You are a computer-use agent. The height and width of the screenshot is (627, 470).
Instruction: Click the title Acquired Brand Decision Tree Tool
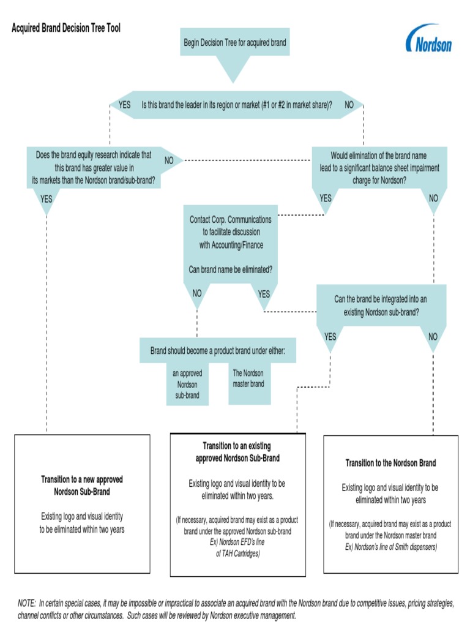point(66,29)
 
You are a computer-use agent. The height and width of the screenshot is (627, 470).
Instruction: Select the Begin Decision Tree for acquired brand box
point(235,43)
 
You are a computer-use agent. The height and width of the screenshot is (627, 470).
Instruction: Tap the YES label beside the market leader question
point(124,105)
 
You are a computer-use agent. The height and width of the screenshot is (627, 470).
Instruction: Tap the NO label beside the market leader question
point(349,105)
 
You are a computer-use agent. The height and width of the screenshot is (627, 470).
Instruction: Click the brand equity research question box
point(93,168)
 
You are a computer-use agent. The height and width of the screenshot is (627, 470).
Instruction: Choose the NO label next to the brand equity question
point(169,160)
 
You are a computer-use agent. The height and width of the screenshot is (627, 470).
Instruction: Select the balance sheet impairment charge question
point(379,168)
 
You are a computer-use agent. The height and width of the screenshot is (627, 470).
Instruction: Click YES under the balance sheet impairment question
point(326,198)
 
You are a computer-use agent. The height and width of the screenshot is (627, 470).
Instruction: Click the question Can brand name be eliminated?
point(229,269)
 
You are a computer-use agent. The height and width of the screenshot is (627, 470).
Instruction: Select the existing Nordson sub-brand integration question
point(380,305)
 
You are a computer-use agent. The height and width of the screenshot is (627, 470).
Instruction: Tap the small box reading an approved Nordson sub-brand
point(187,385)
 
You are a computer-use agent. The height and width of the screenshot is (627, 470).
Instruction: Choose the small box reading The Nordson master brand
point(248,378)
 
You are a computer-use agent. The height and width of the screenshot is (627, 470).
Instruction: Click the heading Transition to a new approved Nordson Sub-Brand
point(81,486)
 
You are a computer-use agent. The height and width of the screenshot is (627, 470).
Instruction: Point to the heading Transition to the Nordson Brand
point(390,463)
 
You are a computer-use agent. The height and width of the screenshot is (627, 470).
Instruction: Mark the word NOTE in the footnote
point(26,603)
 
